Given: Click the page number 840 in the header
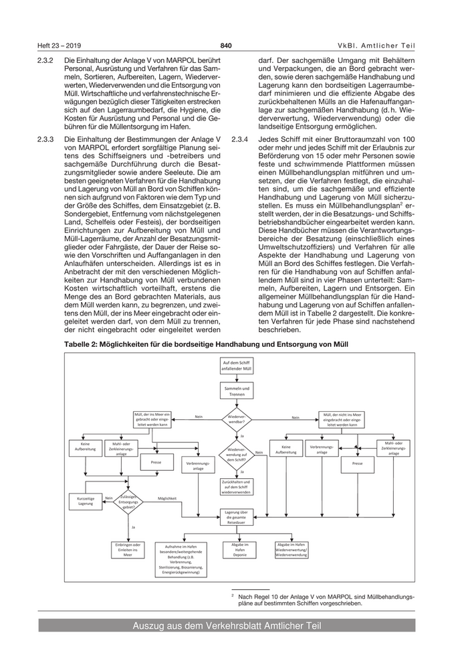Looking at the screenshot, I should coord(226,46).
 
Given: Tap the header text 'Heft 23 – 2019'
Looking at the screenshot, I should coord(58,46).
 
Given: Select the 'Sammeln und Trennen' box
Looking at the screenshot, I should coord(237,391).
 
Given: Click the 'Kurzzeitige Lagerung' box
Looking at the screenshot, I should coord(86,500).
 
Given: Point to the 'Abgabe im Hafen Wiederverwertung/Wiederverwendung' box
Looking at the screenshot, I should coord(291,550).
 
